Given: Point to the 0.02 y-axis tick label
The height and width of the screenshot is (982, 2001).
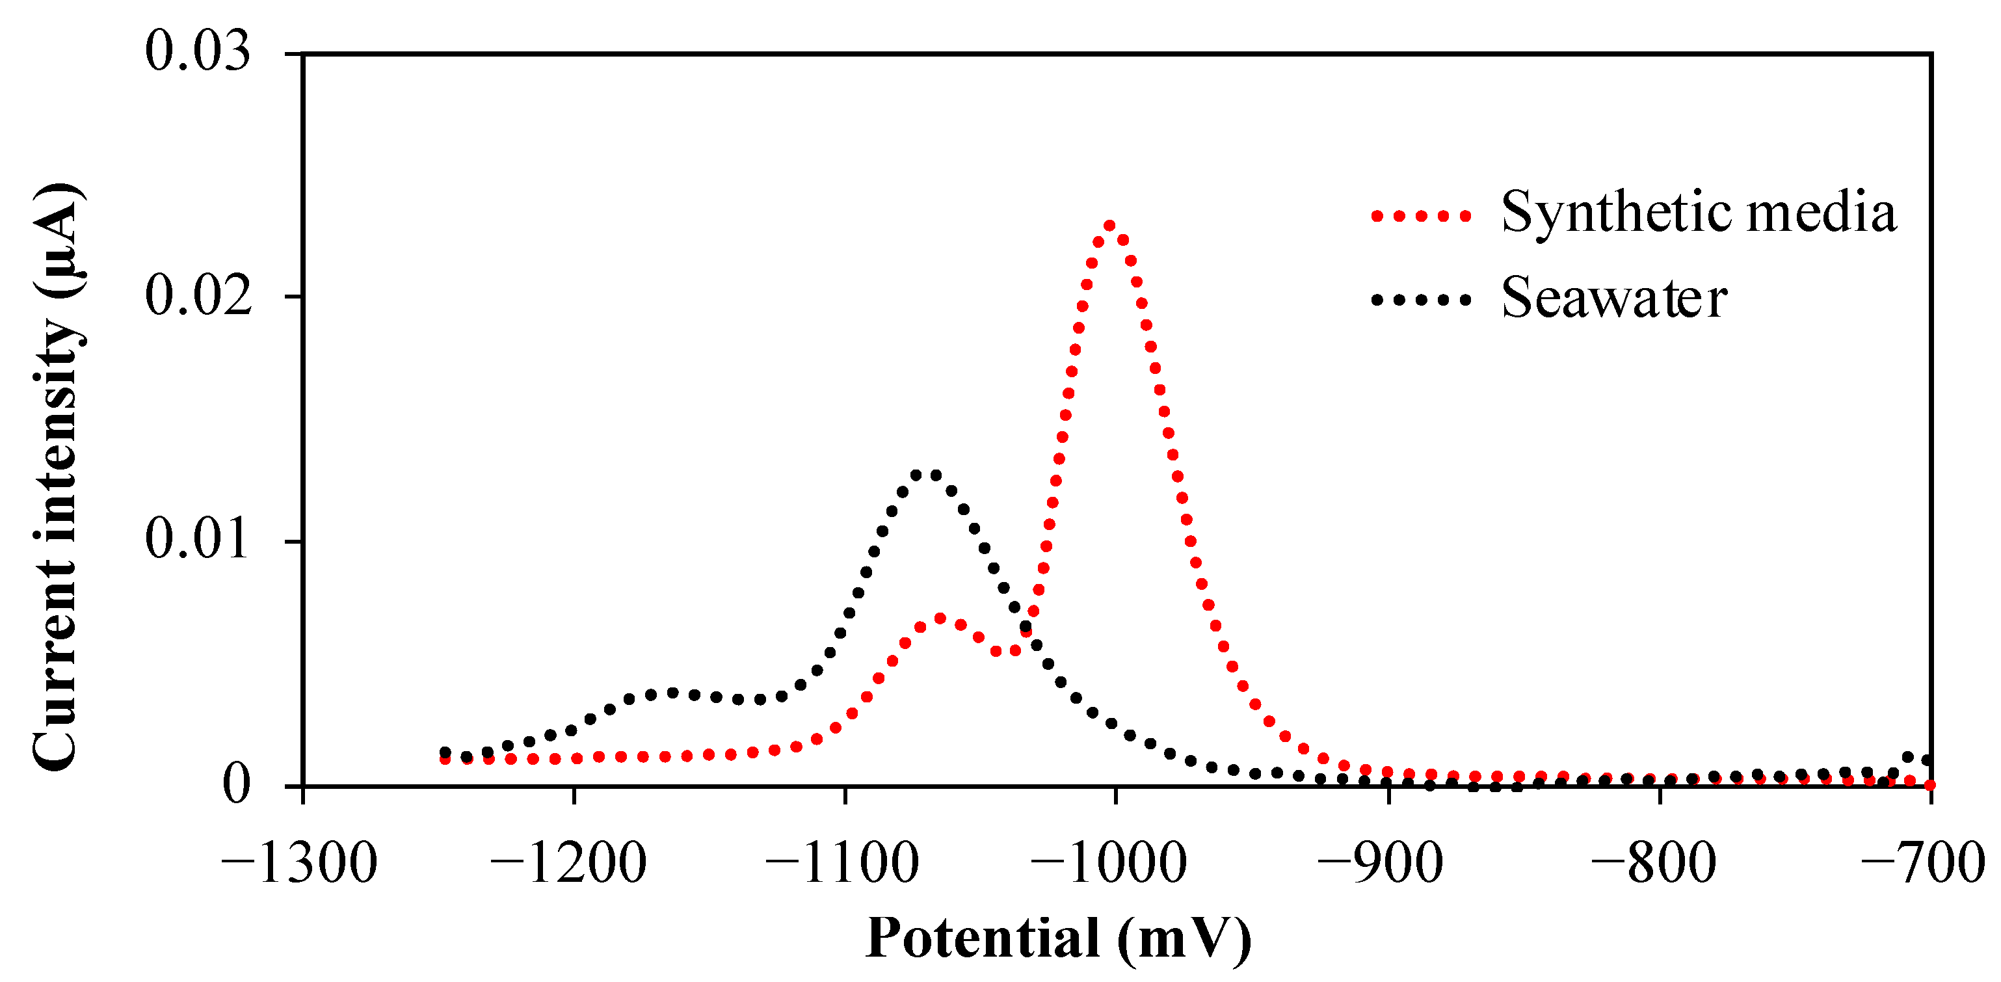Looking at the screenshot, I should coord(199,296).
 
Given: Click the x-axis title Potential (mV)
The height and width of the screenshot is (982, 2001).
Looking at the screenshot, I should coord(1058,938).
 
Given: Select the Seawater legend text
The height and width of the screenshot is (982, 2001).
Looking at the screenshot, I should coord(1613,299).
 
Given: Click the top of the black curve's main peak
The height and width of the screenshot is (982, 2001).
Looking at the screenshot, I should coord(926,475).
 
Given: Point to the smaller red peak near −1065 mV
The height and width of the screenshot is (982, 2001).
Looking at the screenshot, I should coord(940,619).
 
